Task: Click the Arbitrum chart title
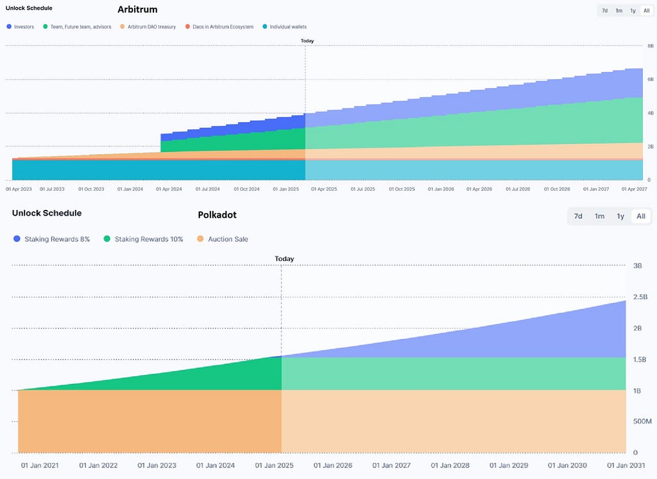pos(137,9)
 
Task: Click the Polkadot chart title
pos(217,214)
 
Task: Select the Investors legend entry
pos(21,27)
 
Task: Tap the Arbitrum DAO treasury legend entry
pos(148,27)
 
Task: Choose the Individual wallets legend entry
pos(284,27)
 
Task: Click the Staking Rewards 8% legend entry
pos(51,239)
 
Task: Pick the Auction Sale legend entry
pos(223,239)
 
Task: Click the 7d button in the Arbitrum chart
pos(604,11)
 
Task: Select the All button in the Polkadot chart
pos(641,216)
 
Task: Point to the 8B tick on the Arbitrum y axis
pos(651,46)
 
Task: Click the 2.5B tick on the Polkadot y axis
pos(640,297)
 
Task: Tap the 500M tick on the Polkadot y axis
pos(642,422)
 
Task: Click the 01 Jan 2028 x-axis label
pos(450,466)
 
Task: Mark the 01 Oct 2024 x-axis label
pos(246,189)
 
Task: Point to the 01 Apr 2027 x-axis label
pos(635,189)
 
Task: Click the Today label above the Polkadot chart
pos(284,259)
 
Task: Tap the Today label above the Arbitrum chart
pos(307,41)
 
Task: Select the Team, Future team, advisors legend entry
pos(77,27)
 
